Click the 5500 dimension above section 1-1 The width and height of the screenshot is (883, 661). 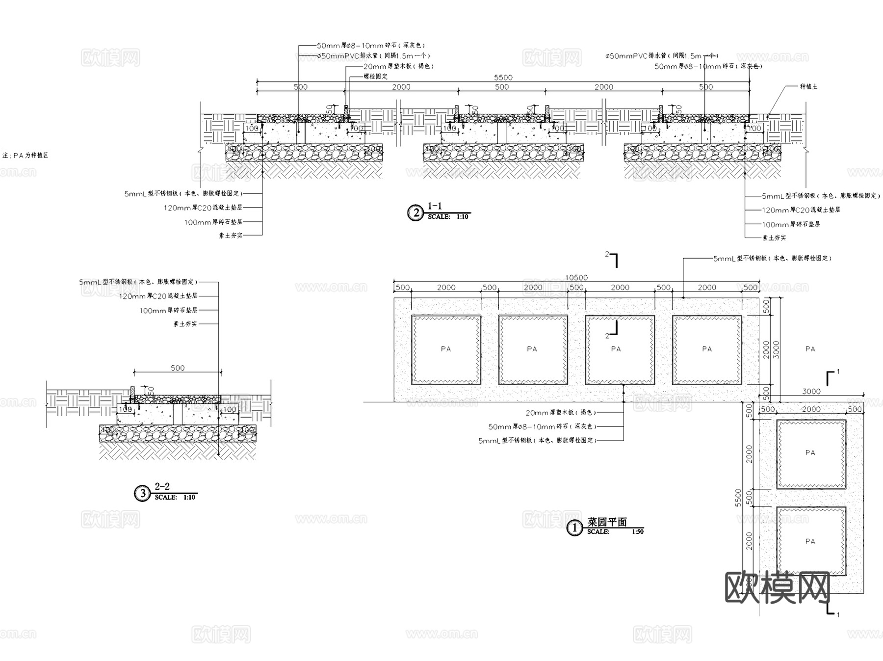click(503, 78)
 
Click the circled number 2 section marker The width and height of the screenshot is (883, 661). click(416, 213)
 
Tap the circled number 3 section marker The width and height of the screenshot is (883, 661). click(142, 493)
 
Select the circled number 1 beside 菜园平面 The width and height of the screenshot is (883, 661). click(574, 529)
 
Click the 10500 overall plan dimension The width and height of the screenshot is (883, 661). click(576, 278)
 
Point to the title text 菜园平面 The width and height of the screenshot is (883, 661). click(607, 522)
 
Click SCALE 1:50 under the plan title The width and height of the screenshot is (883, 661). click(615, 532)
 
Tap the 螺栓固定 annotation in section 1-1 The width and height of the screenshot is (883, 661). click(375, 77)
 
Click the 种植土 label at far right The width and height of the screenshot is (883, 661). click(808, 86)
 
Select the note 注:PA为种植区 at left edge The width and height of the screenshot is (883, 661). click(26, 156)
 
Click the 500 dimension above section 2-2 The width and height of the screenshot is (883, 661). click(178, 368)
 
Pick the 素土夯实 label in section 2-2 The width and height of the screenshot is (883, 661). click(185, 324)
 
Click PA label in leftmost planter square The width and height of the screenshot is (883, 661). click(445, 349)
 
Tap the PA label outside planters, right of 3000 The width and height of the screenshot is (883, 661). click(810, 349)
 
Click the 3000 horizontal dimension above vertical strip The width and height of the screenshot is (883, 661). click(811, 392)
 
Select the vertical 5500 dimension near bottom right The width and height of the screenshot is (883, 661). click(739, 498)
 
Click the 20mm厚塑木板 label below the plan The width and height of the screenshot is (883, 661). click(561, 413)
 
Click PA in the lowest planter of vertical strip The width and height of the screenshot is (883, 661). click(810, 541)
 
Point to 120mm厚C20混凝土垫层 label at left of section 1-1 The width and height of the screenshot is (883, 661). click(203, 208)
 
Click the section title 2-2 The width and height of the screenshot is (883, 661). click(162, 487)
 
